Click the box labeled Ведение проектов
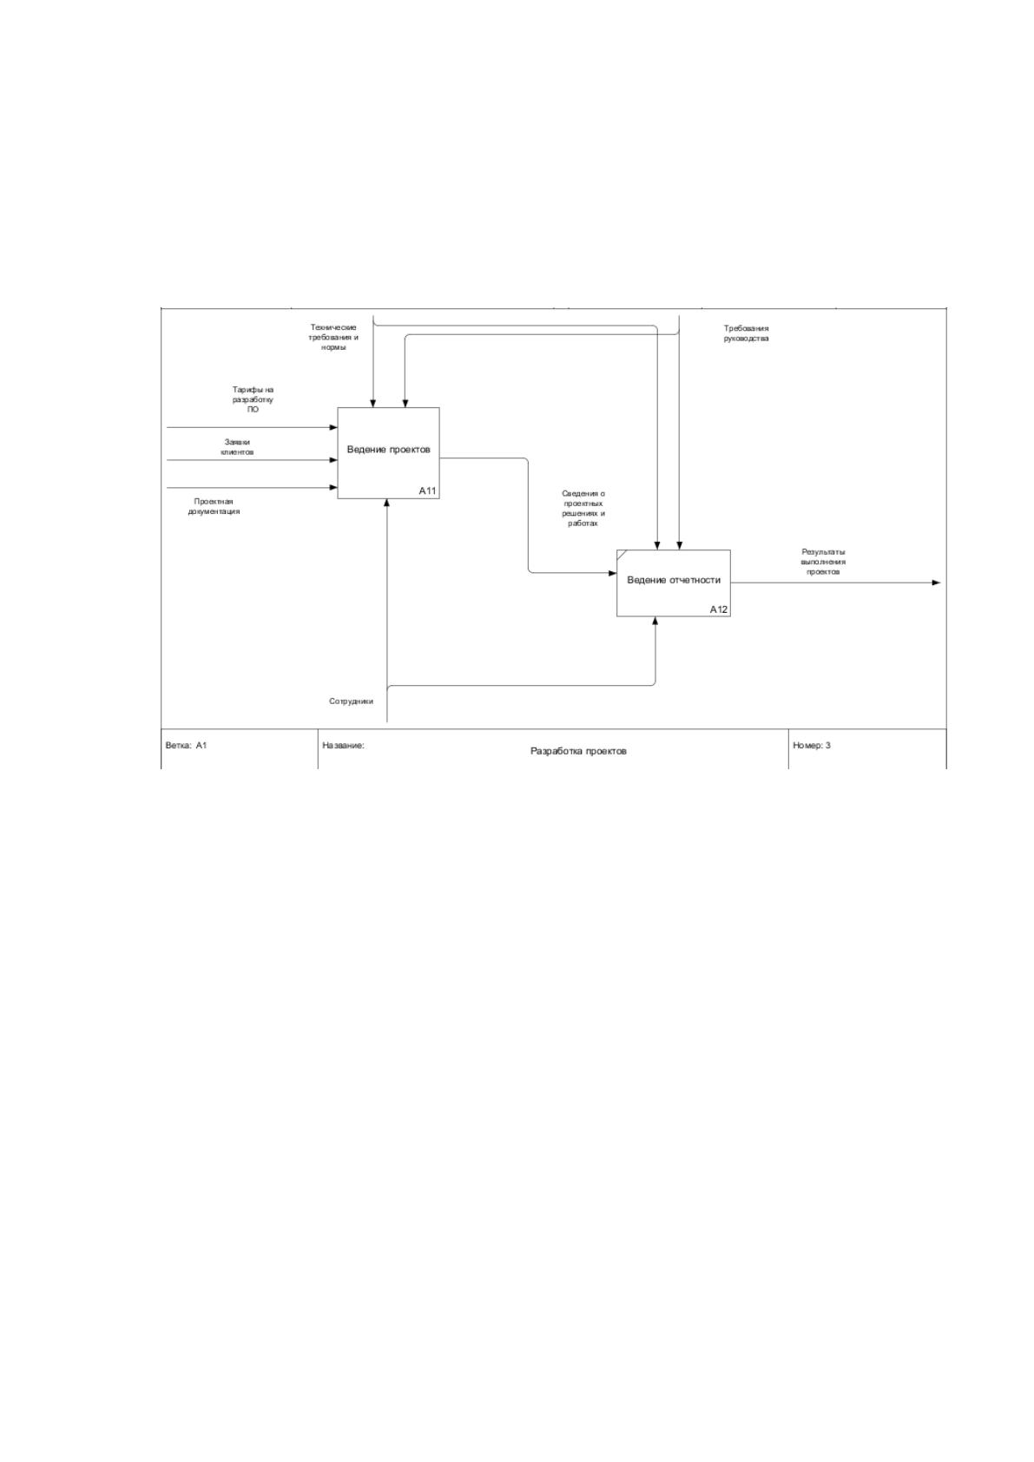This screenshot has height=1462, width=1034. tap(388, 453)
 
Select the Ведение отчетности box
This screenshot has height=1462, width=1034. tap(673, 583)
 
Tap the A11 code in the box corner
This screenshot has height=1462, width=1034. tap(427, 491)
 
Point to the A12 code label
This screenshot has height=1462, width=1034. tap(719, 609)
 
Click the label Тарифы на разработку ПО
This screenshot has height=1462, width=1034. tap(253, 399)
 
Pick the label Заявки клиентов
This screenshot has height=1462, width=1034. tap(237, 447)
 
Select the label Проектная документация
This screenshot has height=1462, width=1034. tap(214, 506)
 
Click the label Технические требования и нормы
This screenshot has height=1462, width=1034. tap(333, 337)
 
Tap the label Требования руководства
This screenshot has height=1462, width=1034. tap(746, 333)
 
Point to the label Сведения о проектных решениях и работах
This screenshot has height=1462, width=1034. tap(583, 509)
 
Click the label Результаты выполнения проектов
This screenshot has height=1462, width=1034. tap(822, 562)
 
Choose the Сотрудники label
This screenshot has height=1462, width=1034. tap(352, 701)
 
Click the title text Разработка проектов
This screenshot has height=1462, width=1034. tap(578, 751)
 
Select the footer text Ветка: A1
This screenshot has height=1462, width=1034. tap(186, 745)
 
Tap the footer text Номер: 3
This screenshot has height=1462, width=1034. tap(812, 745)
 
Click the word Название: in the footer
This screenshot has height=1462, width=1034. tap(343, 745)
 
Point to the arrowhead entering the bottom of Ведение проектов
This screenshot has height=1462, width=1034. tap(387, 504)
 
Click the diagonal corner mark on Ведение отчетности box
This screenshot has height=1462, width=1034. tap(622, 554)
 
